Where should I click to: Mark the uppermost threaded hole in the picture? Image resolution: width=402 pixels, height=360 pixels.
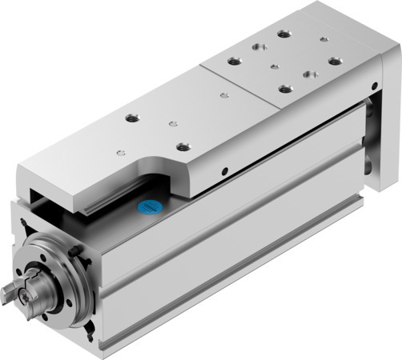(282, 35)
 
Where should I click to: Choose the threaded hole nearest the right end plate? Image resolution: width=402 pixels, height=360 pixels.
(332, 61)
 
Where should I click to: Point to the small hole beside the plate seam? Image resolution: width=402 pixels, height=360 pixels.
(174, 124)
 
